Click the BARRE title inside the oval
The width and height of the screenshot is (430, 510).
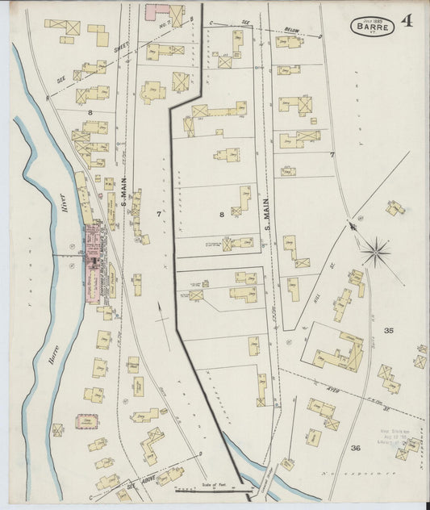pos(372,27)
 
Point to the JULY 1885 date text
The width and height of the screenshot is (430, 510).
pos(372,19)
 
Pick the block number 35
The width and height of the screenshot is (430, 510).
pos(389,331)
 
